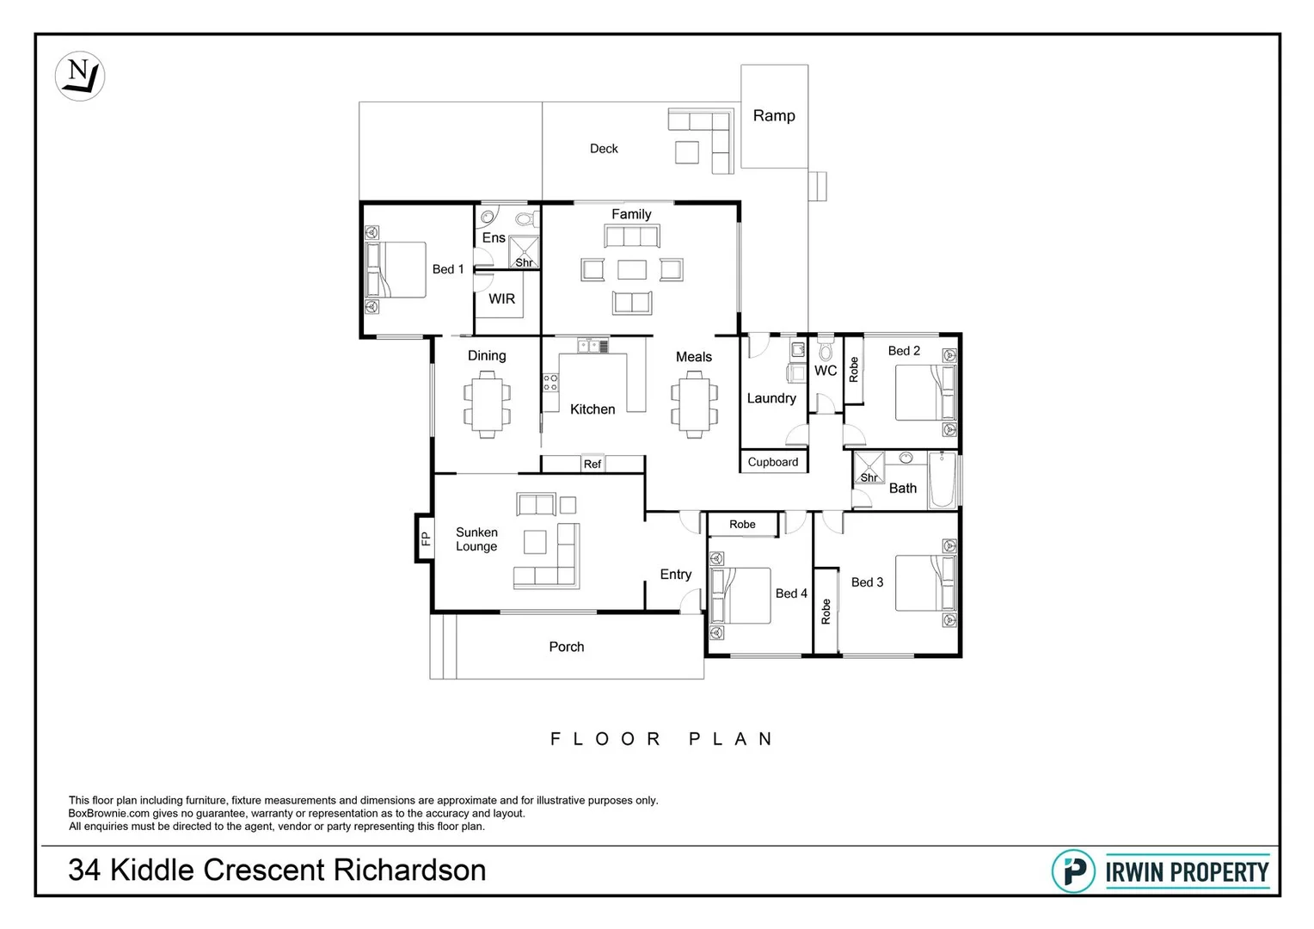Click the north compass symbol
[80, 76]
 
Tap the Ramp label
[773, 115]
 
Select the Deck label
[603, 149]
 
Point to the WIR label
[501, 298]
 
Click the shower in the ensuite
[523, 252]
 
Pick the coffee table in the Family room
[631, 270]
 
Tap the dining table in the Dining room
[487, 404]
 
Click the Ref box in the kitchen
[593, 464]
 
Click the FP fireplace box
[425, 538]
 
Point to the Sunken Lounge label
[476, 539]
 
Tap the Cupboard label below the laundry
[772, 462]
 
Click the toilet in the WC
[826, 350]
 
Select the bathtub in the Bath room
[942, 481]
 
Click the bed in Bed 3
[924, 583]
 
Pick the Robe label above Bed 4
[742, 525]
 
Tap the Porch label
[566, 647]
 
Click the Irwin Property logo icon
[1073, 871]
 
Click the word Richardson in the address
[409, 871]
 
